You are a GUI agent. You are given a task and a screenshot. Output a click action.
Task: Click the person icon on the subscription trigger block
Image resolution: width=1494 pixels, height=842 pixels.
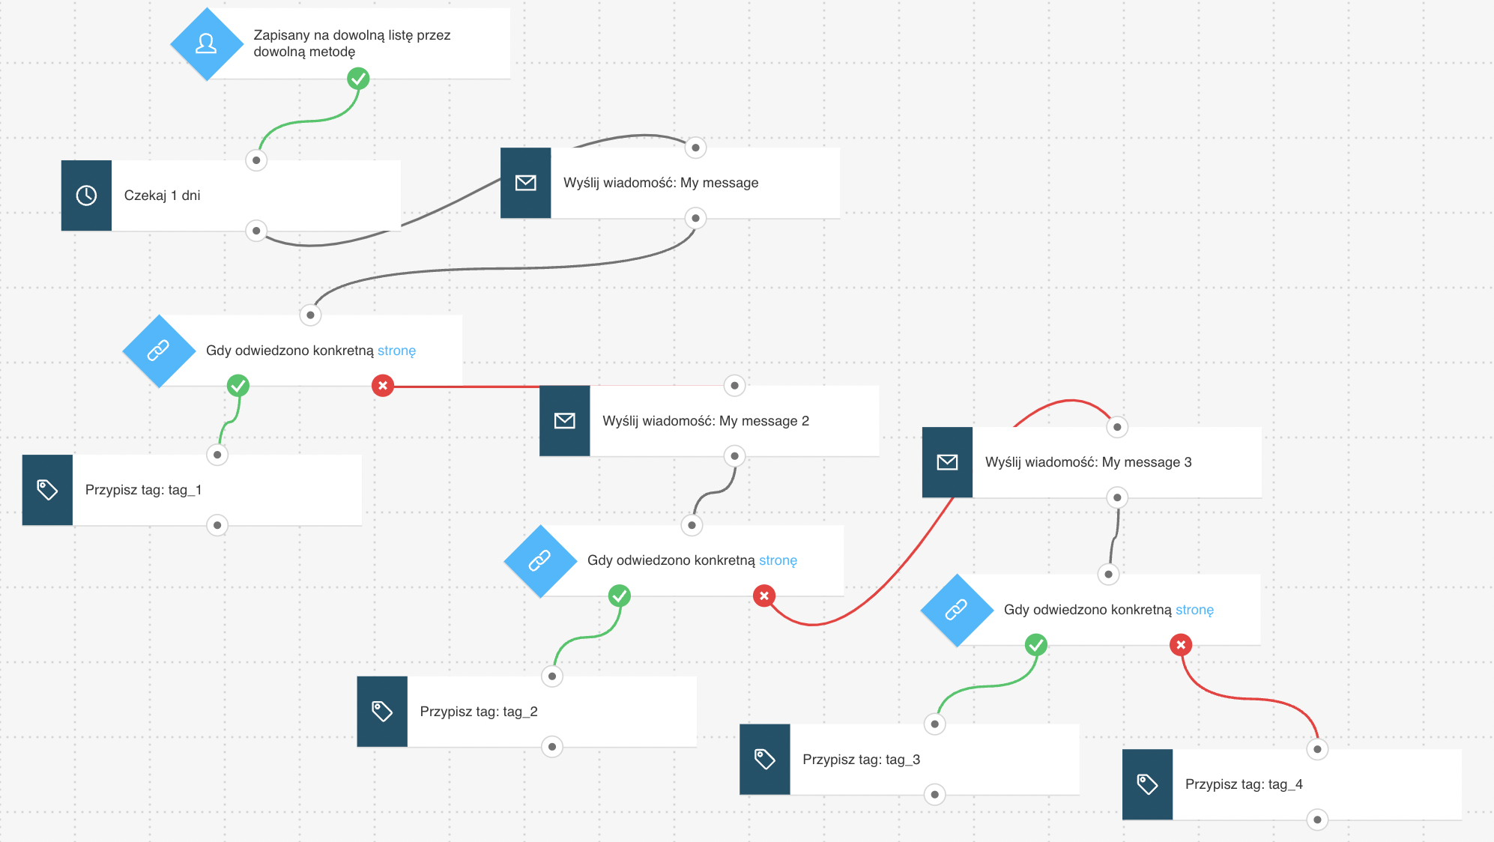click(x=206, y=44)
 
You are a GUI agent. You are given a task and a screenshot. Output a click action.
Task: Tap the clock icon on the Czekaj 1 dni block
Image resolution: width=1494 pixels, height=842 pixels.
click(x=86, y=196)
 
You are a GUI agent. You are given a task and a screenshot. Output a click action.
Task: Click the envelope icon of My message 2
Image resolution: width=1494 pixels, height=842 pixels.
click(x=565, y=421)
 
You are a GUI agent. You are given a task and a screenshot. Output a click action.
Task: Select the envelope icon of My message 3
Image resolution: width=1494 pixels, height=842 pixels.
click(x=947, y=462)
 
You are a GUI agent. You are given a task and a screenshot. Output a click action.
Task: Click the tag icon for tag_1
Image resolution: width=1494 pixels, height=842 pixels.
click(x=47, y=490)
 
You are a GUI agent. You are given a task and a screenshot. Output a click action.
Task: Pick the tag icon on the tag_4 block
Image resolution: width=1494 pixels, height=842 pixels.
click(x=1147, y=784)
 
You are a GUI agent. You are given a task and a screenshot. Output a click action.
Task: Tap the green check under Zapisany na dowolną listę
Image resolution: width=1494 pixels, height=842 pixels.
click(x=358, y=79)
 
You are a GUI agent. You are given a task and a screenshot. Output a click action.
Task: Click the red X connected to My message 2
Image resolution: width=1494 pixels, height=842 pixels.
click(x=383, y=386)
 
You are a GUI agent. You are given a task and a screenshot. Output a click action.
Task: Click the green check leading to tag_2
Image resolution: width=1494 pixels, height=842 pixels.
click(x=620, y=596)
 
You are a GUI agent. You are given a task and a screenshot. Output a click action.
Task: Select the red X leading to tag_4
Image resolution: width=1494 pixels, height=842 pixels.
click(x=1181, y=645)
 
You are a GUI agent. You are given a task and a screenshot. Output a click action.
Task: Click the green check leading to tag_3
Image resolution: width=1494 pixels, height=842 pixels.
click(x=1036, y=645)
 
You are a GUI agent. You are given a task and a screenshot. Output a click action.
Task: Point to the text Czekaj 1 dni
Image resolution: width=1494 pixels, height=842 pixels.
click(x=162, y=196)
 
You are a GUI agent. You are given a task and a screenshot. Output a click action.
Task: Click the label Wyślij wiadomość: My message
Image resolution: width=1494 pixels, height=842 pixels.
click(x=661, y=183)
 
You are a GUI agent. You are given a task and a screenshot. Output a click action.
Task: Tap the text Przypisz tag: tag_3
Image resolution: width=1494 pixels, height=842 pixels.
click(x=861, y=760)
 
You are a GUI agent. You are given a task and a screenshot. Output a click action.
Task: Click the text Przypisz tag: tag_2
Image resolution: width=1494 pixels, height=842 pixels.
click(x=479, y=712)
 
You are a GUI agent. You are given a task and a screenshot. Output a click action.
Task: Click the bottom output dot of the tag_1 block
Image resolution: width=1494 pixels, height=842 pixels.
click(x=217, y=525)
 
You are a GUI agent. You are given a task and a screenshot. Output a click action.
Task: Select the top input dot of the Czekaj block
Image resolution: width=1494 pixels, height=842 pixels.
click(x=256, y=160)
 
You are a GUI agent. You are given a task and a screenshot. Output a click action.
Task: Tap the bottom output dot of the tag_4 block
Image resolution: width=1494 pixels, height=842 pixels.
click(x=1317, y=820)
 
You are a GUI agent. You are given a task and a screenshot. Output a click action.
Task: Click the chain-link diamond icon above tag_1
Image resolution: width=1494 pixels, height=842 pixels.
click(x=159, y=351)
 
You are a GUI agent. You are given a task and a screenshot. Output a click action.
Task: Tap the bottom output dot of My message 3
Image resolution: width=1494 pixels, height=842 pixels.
click(x=1117, y=497)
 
